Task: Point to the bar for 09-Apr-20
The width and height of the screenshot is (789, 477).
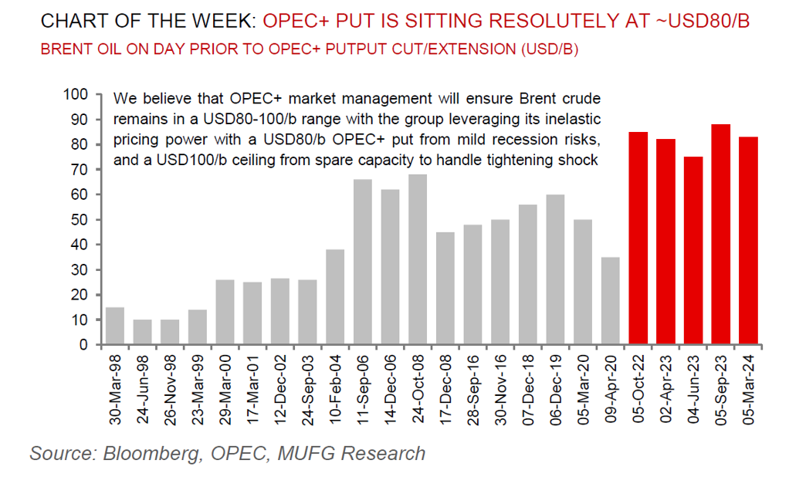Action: [611, 300]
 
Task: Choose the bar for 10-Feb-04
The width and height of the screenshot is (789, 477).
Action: [334, 296]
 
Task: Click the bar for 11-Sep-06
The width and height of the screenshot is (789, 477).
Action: [362, 262]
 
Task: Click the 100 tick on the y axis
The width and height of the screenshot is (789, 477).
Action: [77, 95]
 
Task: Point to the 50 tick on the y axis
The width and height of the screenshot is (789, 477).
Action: [81, 220]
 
